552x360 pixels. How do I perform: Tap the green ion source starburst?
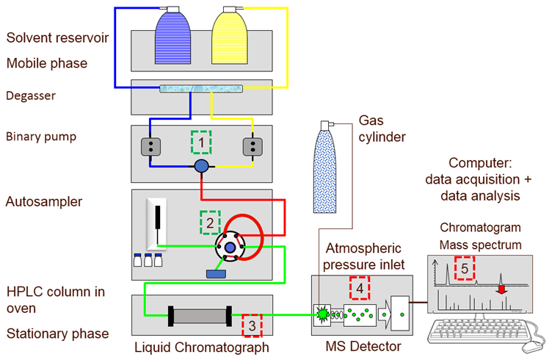pos(321,315)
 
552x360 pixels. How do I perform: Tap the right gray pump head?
pos(253,147)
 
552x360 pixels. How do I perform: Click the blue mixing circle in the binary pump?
pos(202,167)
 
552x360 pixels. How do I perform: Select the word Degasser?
pos(32,95)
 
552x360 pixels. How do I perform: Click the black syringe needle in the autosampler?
pos(158,220)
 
